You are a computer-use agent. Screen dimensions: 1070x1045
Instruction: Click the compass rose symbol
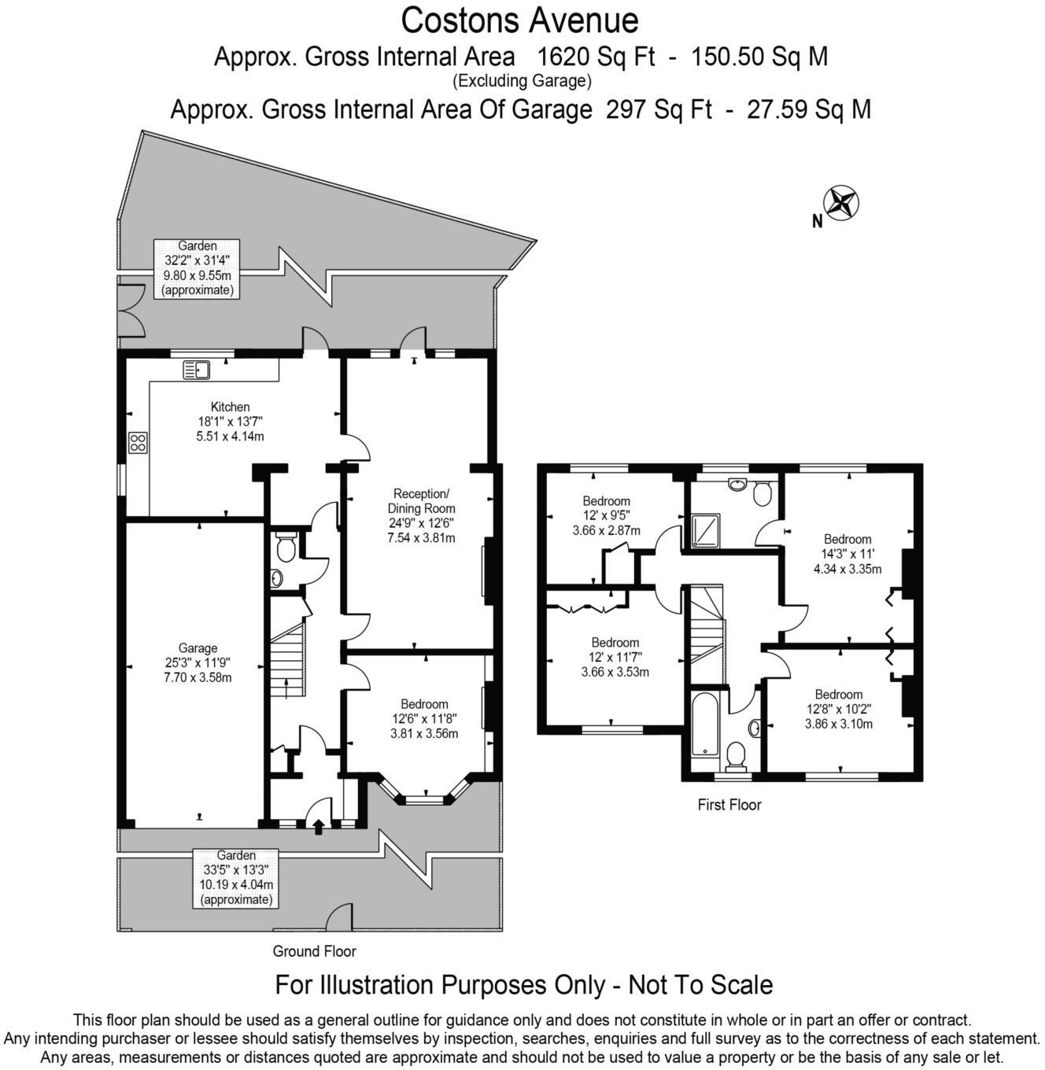(840, 203)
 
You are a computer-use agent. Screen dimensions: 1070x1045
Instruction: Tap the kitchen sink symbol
(195, 369)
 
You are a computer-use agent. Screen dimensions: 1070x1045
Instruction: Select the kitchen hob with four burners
(138, 443)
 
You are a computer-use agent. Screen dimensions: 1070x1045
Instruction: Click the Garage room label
(198, 662)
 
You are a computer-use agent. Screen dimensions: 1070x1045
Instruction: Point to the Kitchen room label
(230, 421)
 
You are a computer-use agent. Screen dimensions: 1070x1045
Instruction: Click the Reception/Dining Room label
(421, 515)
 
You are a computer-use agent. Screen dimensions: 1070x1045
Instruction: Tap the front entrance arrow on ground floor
(319, 827)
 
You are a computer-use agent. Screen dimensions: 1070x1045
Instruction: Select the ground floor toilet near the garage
(286, 548)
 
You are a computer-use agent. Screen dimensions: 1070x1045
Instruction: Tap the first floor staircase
(706, 625)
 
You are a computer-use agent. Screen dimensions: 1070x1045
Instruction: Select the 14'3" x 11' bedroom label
(847, 554)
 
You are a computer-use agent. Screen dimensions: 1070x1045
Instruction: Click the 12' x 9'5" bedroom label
(606, 515)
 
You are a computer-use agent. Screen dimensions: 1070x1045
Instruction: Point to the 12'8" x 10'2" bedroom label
(838, 709)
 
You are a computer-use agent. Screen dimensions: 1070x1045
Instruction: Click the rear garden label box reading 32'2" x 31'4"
(197, 267)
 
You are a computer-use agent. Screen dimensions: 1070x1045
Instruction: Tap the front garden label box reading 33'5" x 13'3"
(236, 877)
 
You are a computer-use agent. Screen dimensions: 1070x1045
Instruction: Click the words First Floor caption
(729, 805)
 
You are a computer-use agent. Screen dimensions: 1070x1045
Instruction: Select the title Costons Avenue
(519, 20)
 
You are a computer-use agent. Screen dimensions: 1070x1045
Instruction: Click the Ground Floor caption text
(314, 951)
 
